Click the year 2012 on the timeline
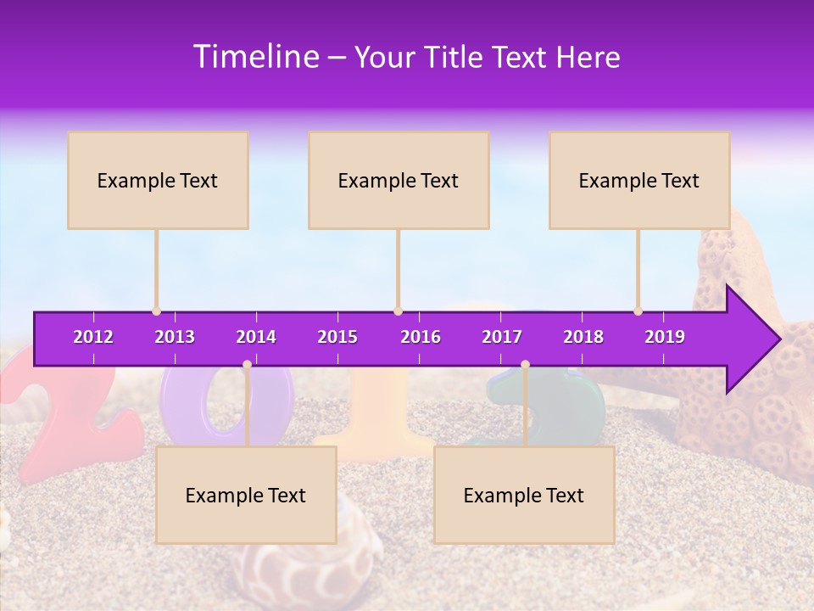pos(93,337)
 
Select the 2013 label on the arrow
pos(175,337)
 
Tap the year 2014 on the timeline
pos(256,337)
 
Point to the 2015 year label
pos(337,337)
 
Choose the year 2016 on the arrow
pos(421,337)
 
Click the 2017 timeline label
pos(502,337)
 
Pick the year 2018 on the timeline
pos(583,337)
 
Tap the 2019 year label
pos(665,337)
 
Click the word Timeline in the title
pos(255,57)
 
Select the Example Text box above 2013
pos(158,180)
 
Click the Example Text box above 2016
pos(399,180)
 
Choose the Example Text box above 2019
pos(639,180)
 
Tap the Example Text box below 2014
pos(246,495)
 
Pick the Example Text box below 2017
pos(524,495)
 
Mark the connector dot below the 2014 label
pos(247,365)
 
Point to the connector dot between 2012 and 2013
pos(156,311)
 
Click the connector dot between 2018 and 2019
pos(638,311)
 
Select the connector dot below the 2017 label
pos(525,365)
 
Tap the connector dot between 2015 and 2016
pos(398,311)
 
